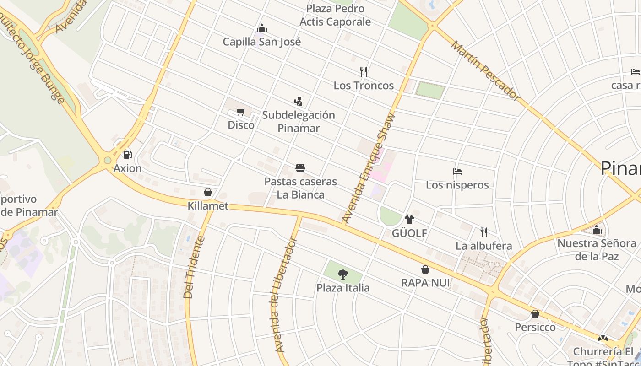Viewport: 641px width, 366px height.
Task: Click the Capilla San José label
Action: [x=262, y=42]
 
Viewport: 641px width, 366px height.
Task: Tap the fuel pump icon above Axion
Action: [x=128, y=155]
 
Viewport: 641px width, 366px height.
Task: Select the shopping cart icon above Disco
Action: [x=241, y=112]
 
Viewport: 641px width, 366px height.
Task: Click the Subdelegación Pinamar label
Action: [x=299, y=121]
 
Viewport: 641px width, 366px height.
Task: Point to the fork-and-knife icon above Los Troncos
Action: [x=364, y=72]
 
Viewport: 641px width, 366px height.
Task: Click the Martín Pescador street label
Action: [x=485, y=71]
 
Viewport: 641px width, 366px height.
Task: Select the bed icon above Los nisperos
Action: [x=457, y=172]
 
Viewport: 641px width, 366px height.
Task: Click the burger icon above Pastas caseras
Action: [x=300, y=168]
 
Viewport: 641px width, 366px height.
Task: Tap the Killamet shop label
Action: [x=208, y=206]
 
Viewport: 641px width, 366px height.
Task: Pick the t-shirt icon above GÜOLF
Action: [x=409, y=220]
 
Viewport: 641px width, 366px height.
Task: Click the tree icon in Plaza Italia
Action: [x=342, y=274]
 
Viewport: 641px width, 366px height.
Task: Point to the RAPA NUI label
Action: [x=425, y=283]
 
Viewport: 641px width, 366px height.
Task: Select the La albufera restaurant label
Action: [x=483, y=246]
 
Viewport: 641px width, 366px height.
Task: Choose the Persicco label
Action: [x=535, y=327]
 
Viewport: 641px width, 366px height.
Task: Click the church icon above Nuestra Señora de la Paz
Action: [x=596, y=230]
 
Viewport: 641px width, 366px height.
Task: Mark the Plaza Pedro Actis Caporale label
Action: [x=335, y=15]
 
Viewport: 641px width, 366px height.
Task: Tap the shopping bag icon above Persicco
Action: [x=535, y=314]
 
